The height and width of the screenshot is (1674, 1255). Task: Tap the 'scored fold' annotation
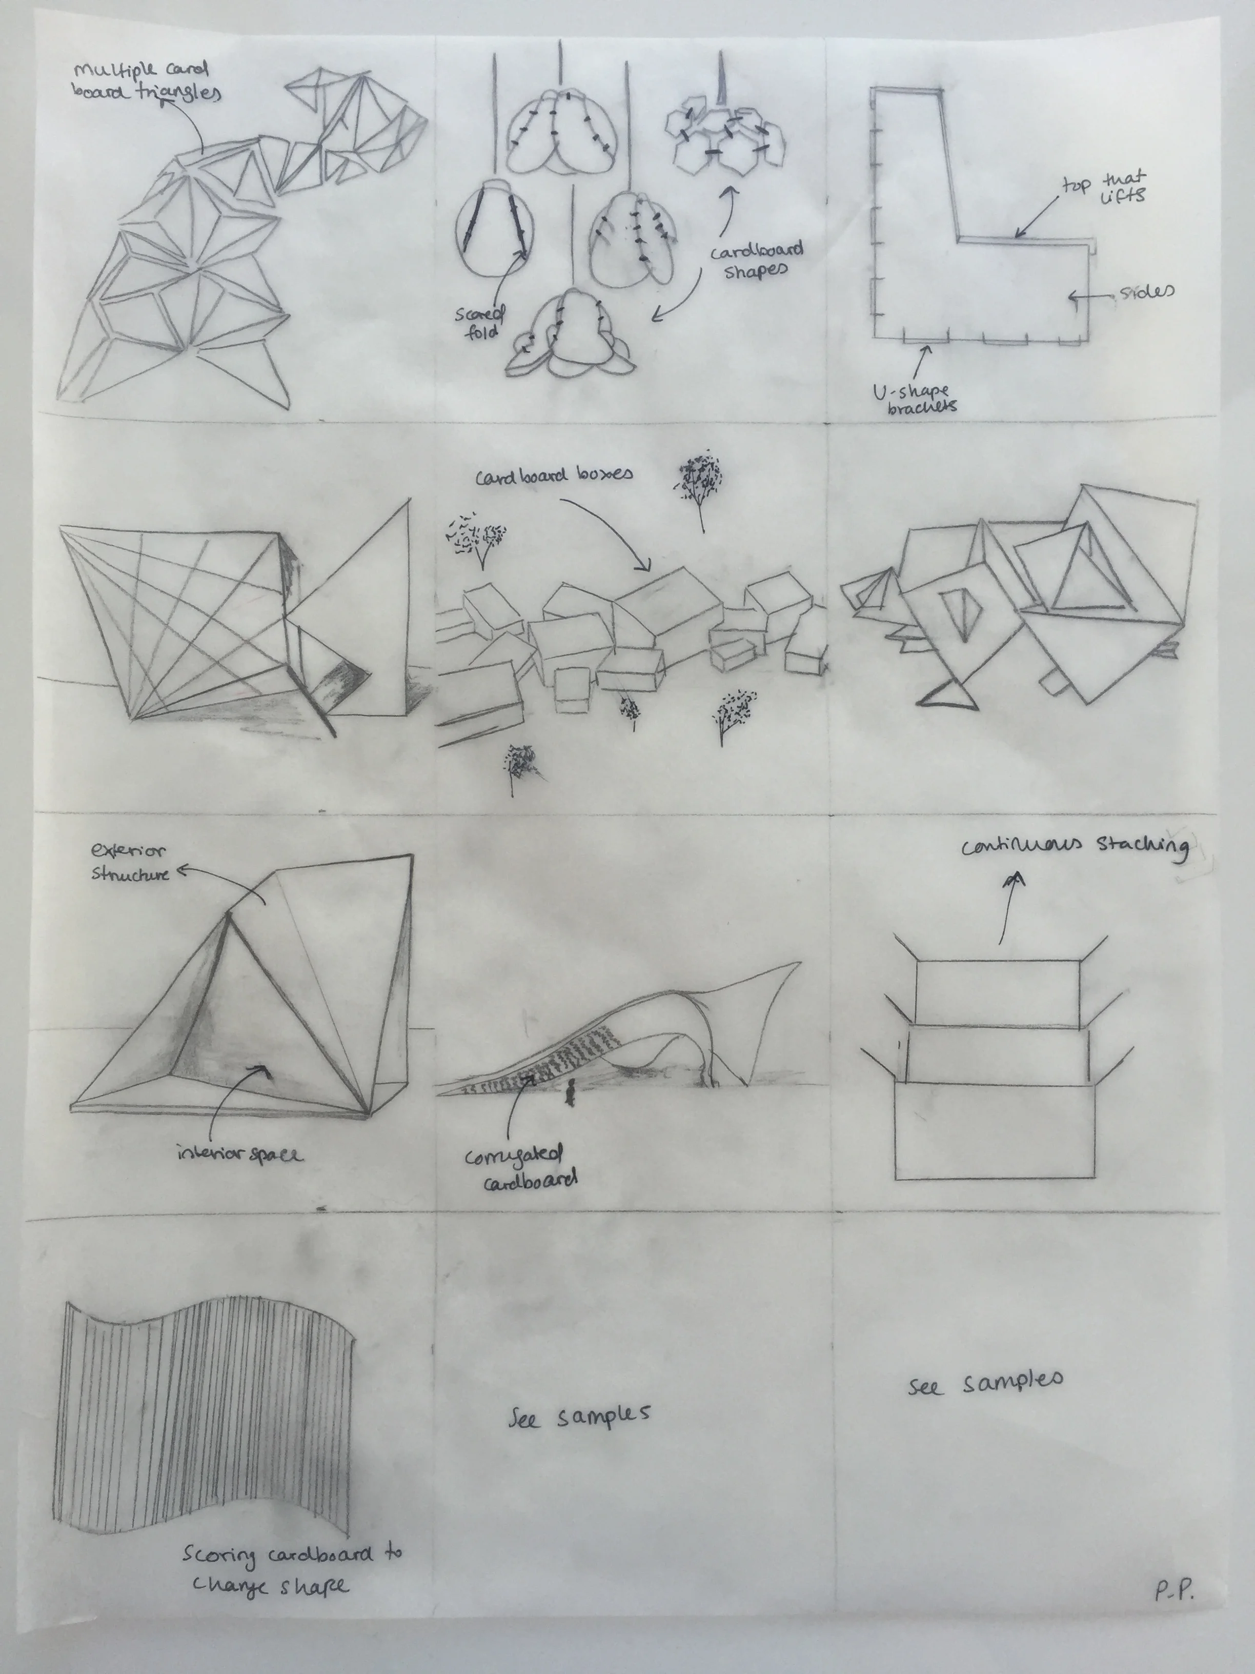[x=478, y=322]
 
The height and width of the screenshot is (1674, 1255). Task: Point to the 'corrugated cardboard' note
[x=520, y=1170]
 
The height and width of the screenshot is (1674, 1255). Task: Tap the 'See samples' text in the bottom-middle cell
[x=579, y=1417]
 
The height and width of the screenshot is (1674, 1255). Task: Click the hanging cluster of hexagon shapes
[x=725, y=136]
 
